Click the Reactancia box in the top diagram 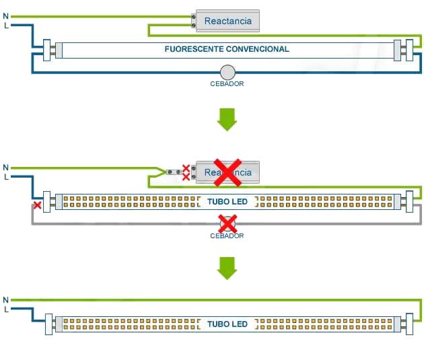point(227,21)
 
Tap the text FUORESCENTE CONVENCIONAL point(227,49)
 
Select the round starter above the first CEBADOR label point(227,71)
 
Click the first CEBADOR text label point(227,84)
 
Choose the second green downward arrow point(227,267)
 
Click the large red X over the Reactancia point(228,172)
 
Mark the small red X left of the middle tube point(38,205)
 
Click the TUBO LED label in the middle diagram point(227,201)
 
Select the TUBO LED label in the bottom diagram point(227,324)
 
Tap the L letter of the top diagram point(6,26)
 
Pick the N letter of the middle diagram point(6,167)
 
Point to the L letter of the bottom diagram point(6,310)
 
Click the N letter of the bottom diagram point(6,299)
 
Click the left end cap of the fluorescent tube point(49,49)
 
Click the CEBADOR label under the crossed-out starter point(227,236)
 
